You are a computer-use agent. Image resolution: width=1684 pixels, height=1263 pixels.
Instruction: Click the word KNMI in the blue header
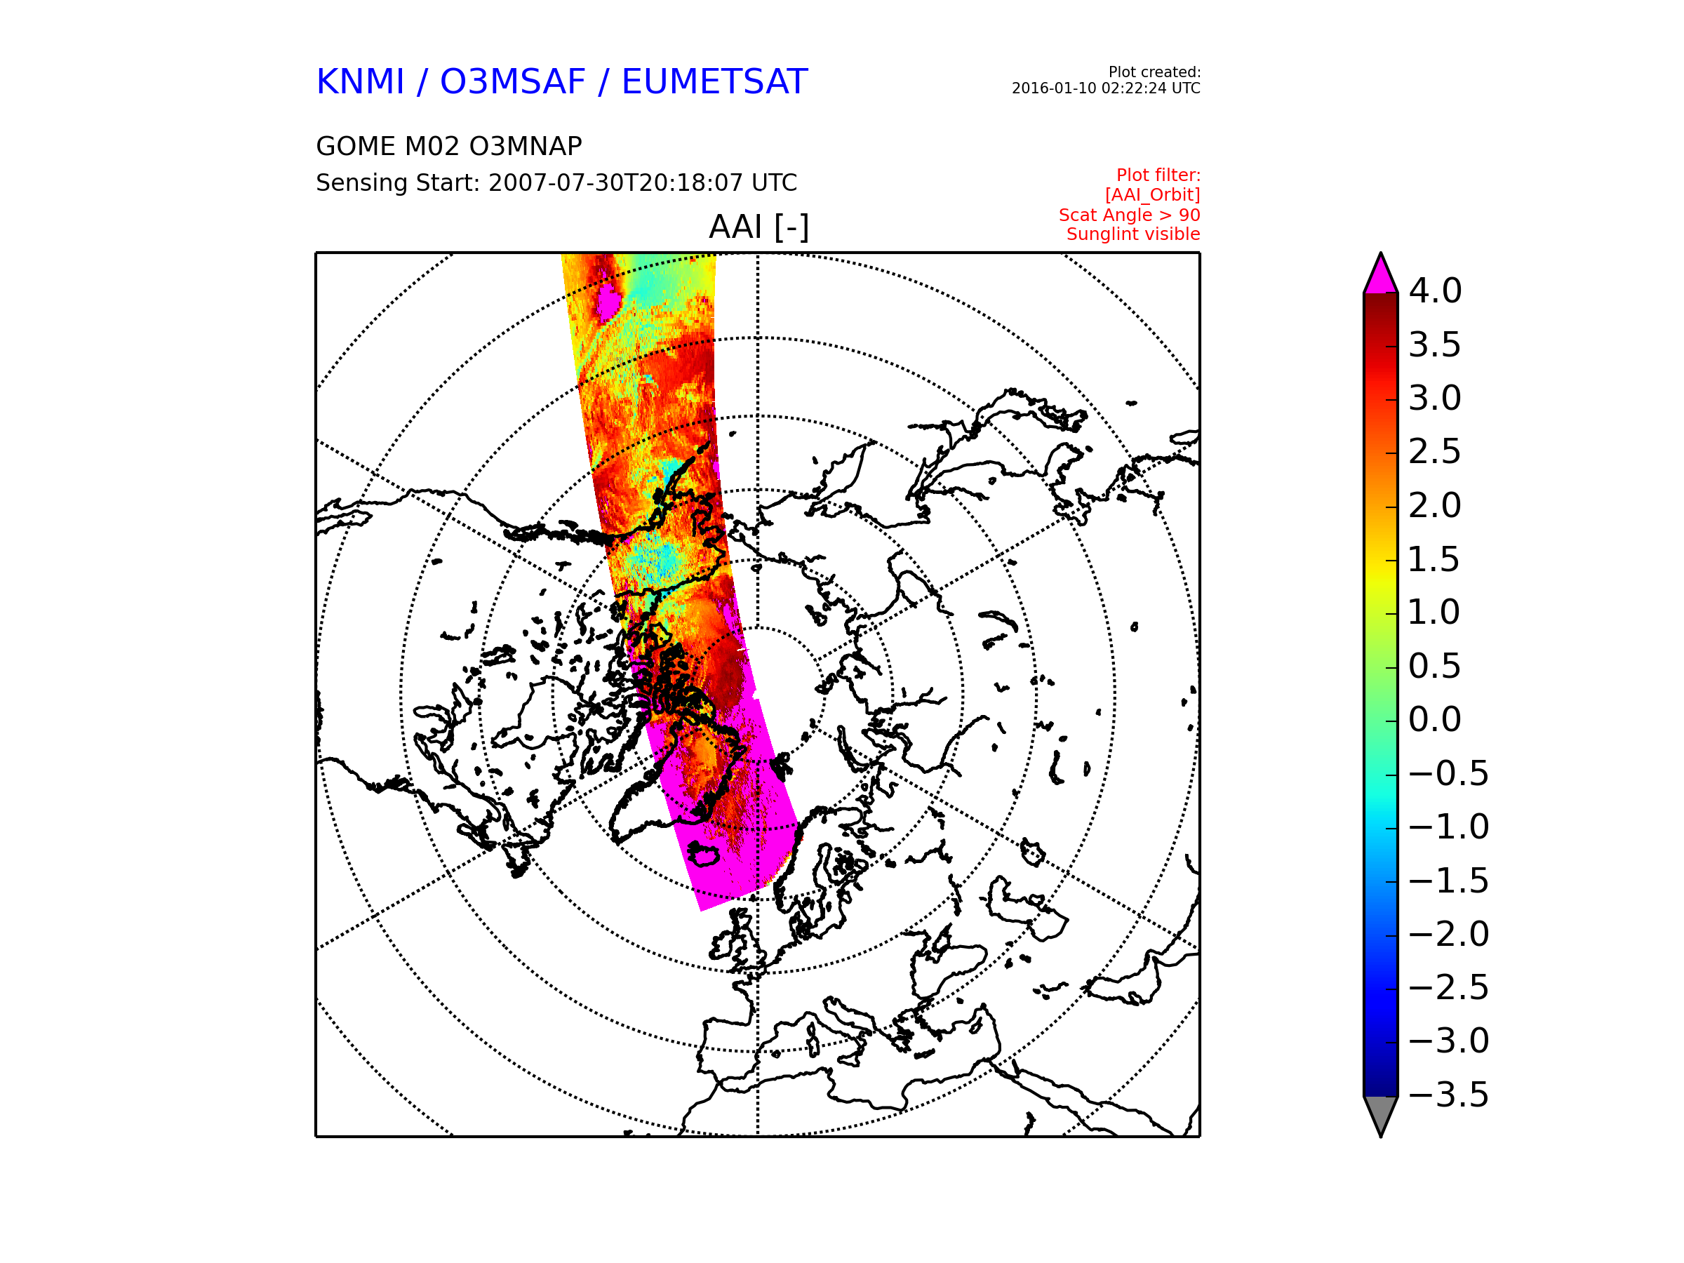pyautogui.click(x=360, y=82)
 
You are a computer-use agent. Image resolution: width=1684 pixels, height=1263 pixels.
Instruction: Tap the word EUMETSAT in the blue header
pyautogui.click(x=714, y=82)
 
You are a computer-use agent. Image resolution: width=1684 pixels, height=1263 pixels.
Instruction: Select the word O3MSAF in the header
pyautogui.click(x=512, y=82)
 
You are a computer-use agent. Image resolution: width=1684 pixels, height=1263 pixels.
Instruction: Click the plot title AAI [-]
pyautogui.click(x=759, y=227)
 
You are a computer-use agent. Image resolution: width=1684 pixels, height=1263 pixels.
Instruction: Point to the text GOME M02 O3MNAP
pyautogui.click(x=448, y=146)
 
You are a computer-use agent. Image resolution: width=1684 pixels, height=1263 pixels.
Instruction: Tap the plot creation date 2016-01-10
pyautogui.click(x=1054, y=88)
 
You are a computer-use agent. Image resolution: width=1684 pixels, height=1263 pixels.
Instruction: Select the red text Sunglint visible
pyautogui.click(x=1132, y=234)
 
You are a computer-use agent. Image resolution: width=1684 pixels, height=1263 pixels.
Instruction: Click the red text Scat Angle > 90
pyautogui.click(x=1129, y=215)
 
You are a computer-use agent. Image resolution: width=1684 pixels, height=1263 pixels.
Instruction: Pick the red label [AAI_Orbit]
pyautogui.click(x=1153, y=196)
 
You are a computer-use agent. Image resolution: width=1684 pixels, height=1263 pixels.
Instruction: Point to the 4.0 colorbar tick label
pyautogui.click(x=1435, y=290)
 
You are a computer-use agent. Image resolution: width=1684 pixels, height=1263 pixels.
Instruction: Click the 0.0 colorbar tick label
pyautogui.click(x=1435, y=719)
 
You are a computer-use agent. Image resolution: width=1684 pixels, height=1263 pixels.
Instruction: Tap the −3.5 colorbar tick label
pyautogui.click(x=1449, y=1095)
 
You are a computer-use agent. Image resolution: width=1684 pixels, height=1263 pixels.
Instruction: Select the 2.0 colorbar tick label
pyautogui.click(x=1435, y=505)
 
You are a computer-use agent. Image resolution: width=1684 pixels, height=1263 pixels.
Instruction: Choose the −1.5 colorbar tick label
pyautogui.click(x=1449, y=881)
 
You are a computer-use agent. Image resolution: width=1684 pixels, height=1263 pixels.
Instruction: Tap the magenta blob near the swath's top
pyautogui.click(x=608, y=302)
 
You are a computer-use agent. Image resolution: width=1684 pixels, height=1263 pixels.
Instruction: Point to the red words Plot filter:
pyautogui.click(x=1158, y=176)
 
